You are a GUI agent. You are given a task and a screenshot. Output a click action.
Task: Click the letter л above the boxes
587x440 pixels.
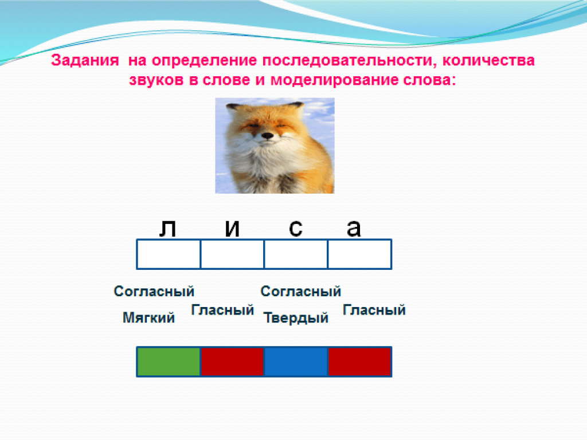pos(168,228)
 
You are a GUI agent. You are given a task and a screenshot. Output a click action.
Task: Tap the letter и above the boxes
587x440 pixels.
pos(232,228)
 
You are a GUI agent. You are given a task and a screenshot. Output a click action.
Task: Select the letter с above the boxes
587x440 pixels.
pos(296,228)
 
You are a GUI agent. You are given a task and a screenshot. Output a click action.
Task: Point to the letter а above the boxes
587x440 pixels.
pos(354,228)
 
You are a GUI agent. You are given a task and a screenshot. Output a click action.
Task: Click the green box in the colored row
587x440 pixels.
pos(169,362)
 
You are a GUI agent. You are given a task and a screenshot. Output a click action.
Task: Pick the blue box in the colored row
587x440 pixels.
pos(296,362)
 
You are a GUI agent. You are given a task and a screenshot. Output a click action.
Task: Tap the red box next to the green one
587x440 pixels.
pos(232,362)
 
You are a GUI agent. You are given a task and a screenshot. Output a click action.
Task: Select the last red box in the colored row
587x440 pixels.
pos(360,362)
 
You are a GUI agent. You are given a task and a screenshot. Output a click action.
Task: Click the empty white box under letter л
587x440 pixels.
pos(169,254)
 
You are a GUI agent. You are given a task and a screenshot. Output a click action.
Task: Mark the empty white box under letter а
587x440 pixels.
pos(360,254)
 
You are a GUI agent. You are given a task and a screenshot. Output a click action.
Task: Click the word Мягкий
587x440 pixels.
pos(148,317)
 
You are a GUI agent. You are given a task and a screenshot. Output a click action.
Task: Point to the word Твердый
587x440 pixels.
pos(296,318)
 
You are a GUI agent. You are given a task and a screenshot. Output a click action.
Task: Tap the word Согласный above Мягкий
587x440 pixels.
pos(154,291)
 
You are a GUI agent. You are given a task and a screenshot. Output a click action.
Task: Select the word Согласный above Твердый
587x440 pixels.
pos(300,291)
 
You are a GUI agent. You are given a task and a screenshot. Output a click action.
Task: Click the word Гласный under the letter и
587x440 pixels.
pos(222,310)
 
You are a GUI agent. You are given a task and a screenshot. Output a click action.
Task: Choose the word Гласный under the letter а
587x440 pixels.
pos(374,310)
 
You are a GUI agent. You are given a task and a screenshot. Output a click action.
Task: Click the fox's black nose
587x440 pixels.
pos(267,135)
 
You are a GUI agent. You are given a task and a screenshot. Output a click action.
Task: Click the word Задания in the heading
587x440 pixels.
pos(85,60)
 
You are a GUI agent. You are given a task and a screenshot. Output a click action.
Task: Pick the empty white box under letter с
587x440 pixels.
pos(296,254)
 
